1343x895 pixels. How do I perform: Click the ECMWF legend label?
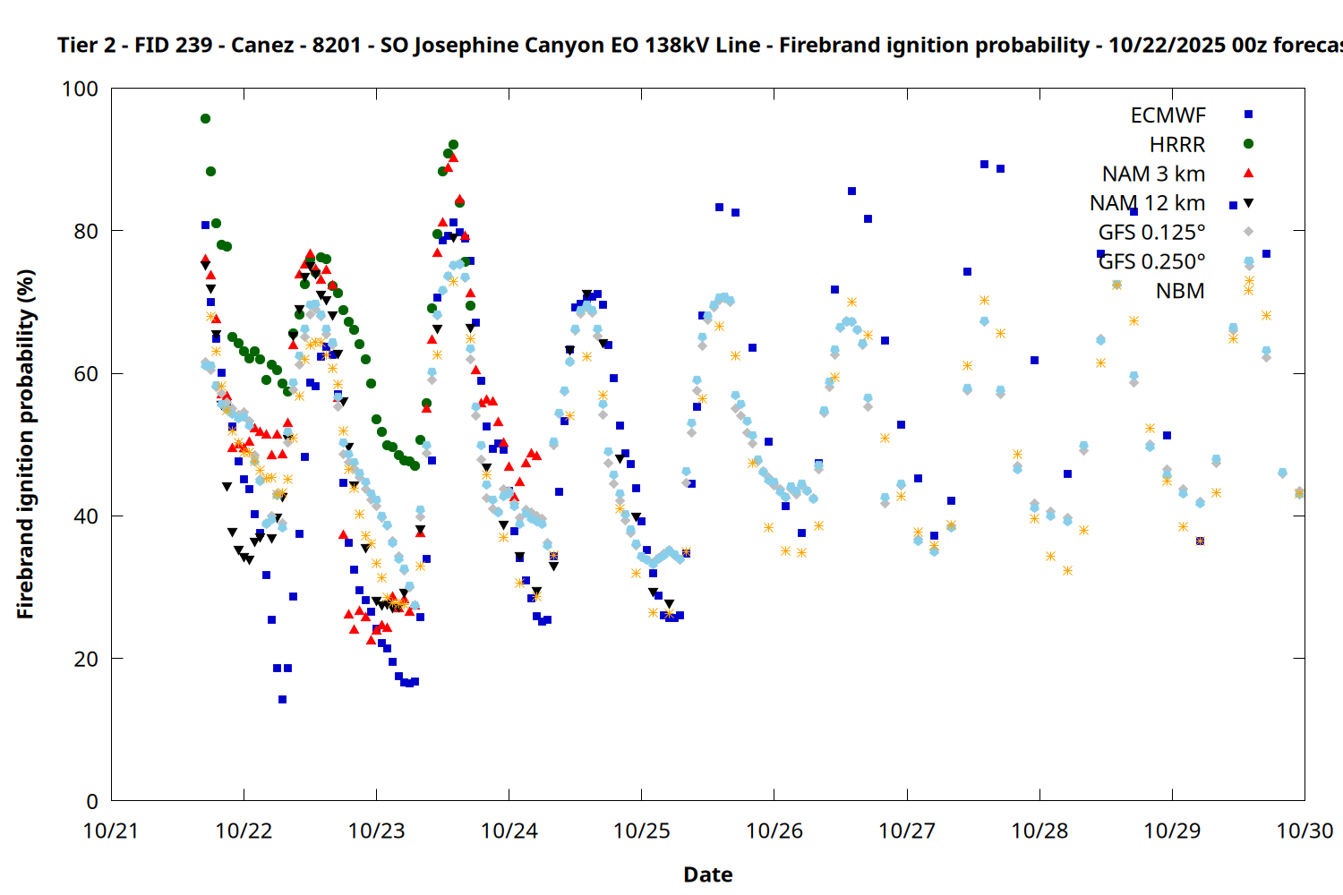tap(1168, 115)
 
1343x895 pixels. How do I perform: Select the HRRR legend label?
tap(1177, 145)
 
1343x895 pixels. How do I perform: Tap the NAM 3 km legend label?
tap(1153, 174)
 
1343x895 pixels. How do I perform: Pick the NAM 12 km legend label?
tap(1147, 203)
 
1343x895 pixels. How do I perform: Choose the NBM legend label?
tap(1180, 291)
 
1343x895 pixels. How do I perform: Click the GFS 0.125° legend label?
tap(1151, 233)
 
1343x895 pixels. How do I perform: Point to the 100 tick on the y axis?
tap(80, 89)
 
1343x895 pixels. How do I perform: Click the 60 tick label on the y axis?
tap(86, 373)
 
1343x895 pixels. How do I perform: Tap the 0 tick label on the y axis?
tap(92, 801)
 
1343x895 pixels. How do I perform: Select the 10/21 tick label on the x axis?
tap(111, 831)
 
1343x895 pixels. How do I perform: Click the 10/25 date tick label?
tap(641, 831)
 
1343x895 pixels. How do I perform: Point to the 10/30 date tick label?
tap(1305, 831)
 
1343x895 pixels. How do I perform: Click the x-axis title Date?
tap(707, 874)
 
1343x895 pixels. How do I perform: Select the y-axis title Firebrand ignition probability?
tap(25, 444)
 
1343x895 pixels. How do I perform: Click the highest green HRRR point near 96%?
tap(205, 118)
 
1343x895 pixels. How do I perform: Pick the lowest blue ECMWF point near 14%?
tap(282, 699)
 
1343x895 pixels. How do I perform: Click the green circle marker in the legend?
tap(1248, 144)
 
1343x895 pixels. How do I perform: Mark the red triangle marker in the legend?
tap(1248, 173)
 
